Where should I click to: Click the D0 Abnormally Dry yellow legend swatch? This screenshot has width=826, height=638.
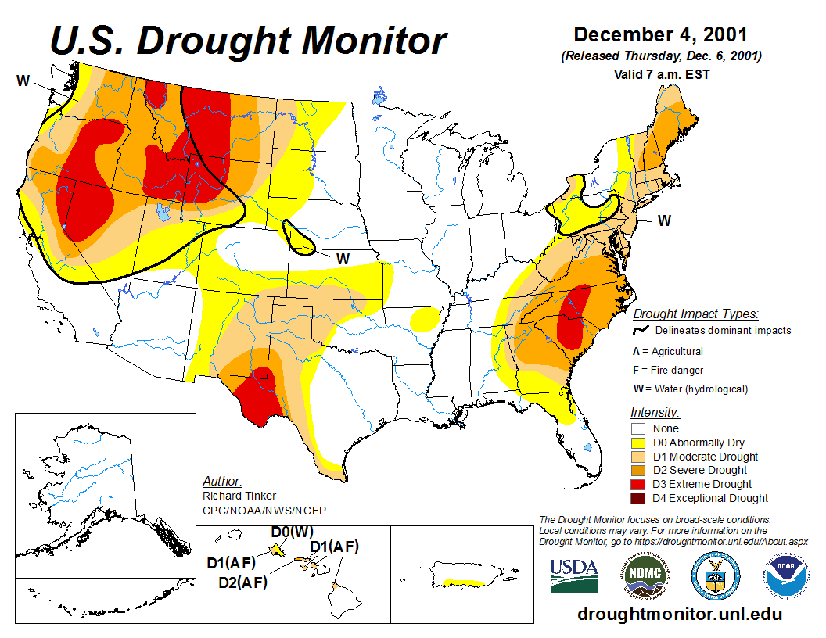pyautogui.click(x=638, y=443)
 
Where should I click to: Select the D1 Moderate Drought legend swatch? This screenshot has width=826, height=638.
pyautogui.click(x=638, y=457)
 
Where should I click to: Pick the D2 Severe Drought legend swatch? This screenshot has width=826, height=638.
pyautogui.click(x=638, y=470)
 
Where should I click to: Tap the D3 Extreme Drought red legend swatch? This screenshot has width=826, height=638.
pyautogui.click(x=638, y=484)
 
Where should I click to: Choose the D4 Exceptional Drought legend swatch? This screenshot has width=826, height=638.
pyautogui.click(x=638, y=498)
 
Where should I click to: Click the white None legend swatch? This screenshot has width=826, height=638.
pyautogui.click(x=638, y=428)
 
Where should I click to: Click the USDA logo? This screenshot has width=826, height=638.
pyautogui.click(x=574, y=575)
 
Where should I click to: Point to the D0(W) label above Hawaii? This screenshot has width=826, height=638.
pyautogui.click(x=292, y=532)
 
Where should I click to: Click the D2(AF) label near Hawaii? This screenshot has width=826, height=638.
pyautogui.click(x=242, y=582)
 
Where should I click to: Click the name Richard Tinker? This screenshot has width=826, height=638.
pyautogui.click(x=239, y=496)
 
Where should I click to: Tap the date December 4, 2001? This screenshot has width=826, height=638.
pyautogui.click(x=660, y=35)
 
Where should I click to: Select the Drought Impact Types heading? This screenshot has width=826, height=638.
pyautogui.click(x=695, y=314)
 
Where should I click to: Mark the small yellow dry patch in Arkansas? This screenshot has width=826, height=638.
pyautogui.click(x=425, y=318)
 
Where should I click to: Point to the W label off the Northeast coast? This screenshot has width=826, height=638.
pyautogui.click(x=664, y=220)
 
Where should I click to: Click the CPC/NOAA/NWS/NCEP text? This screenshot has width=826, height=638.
pyautogui.click(x=264, y=511)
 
